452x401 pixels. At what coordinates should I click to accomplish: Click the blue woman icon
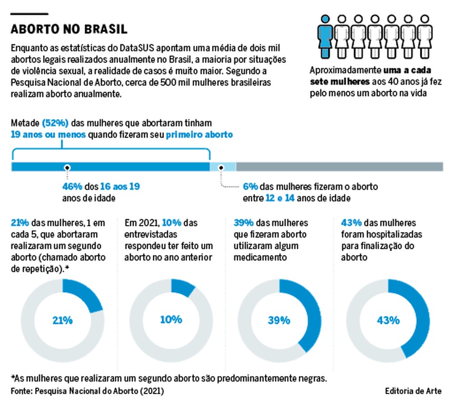point(325,37)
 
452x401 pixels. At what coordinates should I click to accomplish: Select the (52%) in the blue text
point(55,123)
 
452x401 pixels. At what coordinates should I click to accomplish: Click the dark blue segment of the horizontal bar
point(110,167)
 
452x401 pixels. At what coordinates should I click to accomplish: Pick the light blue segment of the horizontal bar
point(222,167)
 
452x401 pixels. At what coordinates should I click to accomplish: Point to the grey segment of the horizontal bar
point(339,167)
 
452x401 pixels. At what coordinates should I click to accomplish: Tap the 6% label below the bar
point(250,187)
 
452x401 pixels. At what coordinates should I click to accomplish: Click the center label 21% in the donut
point(62,320)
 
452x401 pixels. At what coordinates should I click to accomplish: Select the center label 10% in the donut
point(171,319)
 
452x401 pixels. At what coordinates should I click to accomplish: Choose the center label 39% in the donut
point(279,320)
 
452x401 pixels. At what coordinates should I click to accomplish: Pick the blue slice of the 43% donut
point(420,316)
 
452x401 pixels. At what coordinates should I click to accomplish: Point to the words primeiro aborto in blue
point(199,135)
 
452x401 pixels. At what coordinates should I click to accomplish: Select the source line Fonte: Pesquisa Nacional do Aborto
point(87,390)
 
